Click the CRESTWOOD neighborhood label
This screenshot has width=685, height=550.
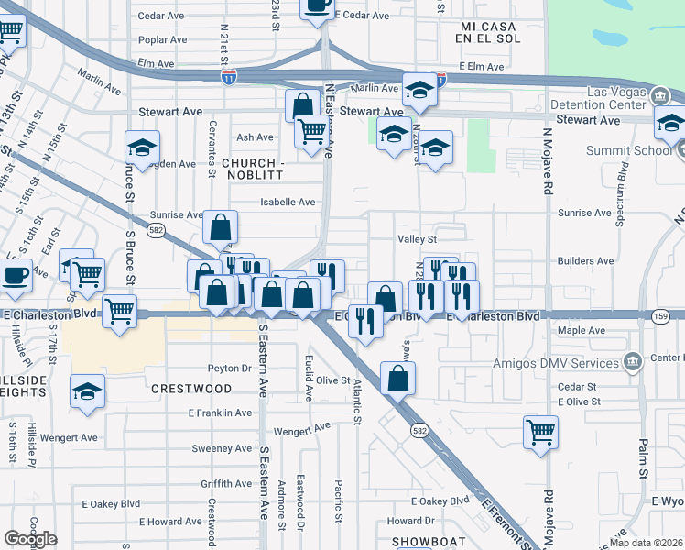(x=191, y=389)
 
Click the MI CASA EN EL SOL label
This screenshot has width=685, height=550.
(x=491, y=33)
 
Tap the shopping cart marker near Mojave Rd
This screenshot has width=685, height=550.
(x=540, y=431)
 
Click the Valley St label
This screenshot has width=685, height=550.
(x=416, y=238)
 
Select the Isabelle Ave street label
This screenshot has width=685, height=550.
(x=288, y=202)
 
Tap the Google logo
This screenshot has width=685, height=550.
(x=30, y=539)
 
